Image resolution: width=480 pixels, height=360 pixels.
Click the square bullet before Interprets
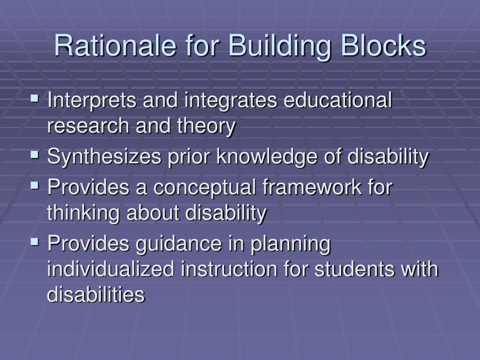point(35,99)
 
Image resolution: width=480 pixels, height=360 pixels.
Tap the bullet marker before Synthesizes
point(35,154)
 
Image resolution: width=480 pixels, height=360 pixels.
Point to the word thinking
point(83,213)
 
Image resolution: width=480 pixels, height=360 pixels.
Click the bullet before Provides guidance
point(35,242)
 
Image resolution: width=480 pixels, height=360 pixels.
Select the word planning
point(290,245)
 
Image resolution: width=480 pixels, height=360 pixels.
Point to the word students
point(351,270)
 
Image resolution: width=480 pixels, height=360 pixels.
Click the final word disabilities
point(96,295)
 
